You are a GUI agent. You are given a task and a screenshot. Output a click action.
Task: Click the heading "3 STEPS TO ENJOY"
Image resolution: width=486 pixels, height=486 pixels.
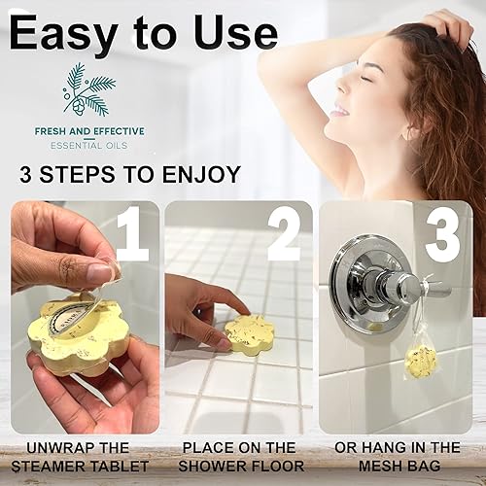pos(129,175)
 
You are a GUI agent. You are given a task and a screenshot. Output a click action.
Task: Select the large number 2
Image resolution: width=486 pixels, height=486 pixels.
pos(284,235)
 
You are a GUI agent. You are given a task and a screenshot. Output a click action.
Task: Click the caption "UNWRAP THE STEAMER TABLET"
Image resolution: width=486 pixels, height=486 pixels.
pos(81,456)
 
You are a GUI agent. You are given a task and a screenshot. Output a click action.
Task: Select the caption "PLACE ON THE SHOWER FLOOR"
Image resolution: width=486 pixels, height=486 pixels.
pos(239,456)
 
